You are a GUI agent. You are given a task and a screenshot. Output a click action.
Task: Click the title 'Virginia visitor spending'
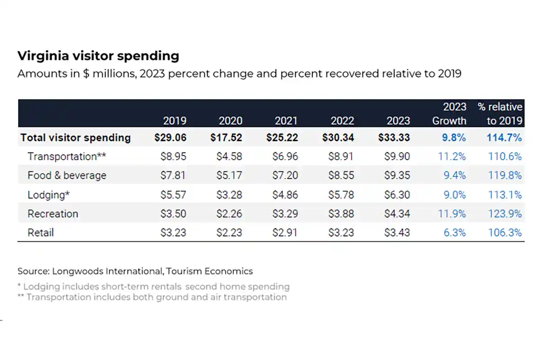(x=98, y=56)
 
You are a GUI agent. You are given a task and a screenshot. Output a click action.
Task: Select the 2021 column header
(x=286, y=121)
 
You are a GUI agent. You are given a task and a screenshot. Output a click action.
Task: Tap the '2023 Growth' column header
(x=449, y=114)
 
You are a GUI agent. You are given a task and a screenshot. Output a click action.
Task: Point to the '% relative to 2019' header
(x=500, y=114)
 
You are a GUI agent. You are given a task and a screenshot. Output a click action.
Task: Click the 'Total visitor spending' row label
(x=75, y=138)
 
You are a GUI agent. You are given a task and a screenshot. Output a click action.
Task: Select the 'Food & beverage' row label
(x=67, y=175)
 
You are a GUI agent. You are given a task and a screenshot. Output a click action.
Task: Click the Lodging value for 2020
(x=229, y=195)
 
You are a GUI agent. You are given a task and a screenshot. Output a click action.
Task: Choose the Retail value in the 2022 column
(x=341, y=233)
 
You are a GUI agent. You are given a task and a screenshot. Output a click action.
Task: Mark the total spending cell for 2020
(x=226, y=138)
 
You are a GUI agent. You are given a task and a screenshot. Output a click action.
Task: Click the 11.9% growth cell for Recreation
(x=452, y=214)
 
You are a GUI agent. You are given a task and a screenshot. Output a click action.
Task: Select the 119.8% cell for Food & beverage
(x=505, y=175)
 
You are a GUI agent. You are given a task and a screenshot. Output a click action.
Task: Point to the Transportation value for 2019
(x=173, y=157)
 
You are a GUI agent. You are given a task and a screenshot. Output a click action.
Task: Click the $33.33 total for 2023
(x=394, y=138)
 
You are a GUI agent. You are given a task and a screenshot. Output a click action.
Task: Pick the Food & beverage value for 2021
(x=285, y=175)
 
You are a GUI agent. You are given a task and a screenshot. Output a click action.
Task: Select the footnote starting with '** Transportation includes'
(x=152, y=297)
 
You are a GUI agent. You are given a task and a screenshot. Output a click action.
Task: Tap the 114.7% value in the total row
(x=504, y=138)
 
